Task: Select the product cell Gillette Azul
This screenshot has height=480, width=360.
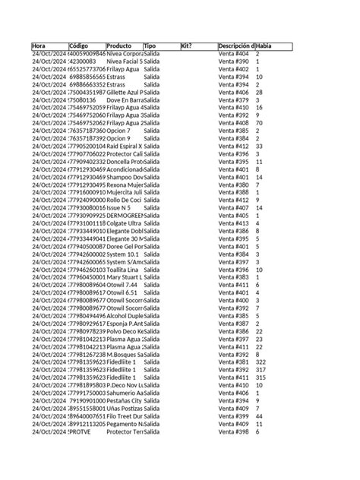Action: click(x=125, y=92)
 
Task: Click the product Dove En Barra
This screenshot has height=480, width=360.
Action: click(x=125, y=99)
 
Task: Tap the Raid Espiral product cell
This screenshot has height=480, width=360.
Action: click(x=125, y=145)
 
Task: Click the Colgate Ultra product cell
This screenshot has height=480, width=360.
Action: click(x=125, y=223)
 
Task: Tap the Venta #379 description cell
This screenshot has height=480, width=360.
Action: click(x=233, y=99)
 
